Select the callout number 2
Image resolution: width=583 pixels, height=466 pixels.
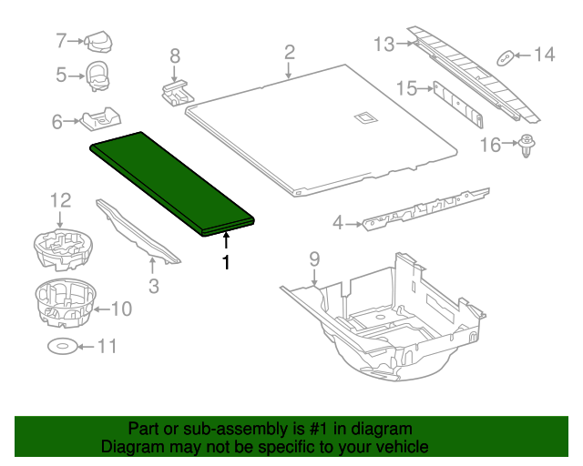(289, 51)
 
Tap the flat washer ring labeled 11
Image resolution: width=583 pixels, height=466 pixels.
(61, 346)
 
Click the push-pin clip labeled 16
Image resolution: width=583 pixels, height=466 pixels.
(527, 147)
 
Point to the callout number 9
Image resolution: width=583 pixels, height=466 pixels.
(313, 258)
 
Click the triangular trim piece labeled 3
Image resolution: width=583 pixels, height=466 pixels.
(137, 233)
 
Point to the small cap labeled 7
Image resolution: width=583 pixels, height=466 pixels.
(97, 41)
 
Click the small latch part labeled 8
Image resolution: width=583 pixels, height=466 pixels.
(177, 90)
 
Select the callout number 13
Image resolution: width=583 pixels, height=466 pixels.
(384, 43)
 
